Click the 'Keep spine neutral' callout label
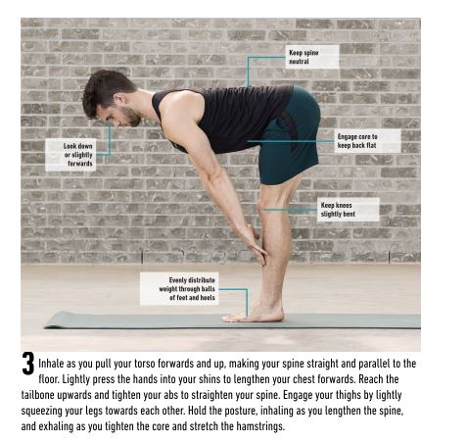click(311, 56)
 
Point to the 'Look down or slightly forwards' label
click(79, 153)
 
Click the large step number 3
click(28, 365)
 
